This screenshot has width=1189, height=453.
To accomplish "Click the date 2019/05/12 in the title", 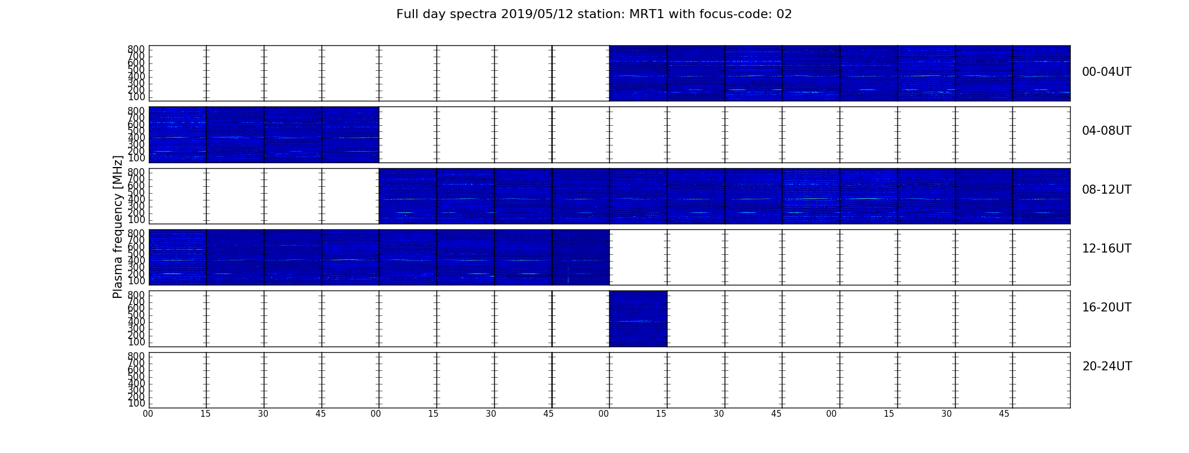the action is [537, 14].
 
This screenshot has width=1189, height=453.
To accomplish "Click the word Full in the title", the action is [408, 14].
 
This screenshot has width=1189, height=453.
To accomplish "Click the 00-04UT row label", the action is [1107, 72].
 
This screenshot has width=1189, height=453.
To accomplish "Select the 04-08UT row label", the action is [1107, 131].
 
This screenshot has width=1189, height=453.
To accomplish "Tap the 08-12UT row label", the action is [1107, 190].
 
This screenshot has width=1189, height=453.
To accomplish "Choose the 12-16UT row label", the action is [1107, 249].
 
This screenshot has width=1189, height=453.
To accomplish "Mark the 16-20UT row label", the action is [1107, 307].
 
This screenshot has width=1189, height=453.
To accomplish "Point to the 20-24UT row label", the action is [1107, 366].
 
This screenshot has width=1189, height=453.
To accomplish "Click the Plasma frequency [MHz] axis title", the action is [118, 226].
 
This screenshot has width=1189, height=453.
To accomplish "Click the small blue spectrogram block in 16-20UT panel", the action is [638, 318].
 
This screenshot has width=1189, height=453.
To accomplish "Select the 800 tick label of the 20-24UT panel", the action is [136, 356].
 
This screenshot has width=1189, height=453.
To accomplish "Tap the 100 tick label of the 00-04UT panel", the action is [136, 97].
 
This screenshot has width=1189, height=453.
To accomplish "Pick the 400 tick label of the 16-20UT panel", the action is [136, 322].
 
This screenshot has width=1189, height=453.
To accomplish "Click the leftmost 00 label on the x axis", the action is [148, 414].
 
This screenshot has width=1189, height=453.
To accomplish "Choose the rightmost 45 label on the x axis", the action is [1004, 414].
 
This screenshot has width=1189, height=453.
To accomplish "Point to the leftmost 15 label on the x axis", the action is [206, 414].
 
